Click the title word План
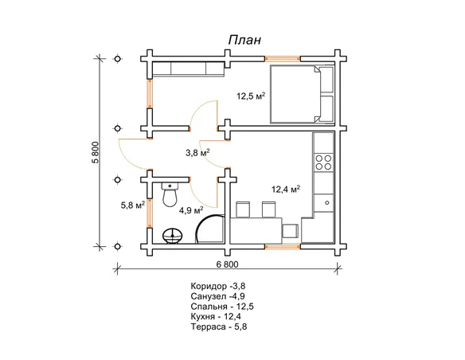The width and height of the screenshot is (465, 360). point(244,40)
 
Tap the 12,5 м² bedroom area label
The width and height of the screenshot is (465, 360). point(251,96)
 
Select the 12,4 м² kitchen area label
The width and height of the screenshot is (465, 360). point(286,189)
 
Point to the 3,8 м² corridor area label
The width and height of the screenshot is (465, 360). point(197,153)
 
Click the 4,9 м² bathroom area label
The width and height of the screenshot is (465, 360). point(191,210)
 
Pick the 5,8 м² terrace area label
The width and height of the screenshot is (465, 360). point(132,205)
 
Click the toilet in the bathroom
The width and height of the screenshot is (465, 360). point(170,194)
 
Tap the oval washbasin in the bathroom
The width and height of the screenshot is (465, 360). point(173,236)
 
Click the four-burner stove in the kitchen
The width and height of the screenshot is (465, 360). point(323,162)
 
